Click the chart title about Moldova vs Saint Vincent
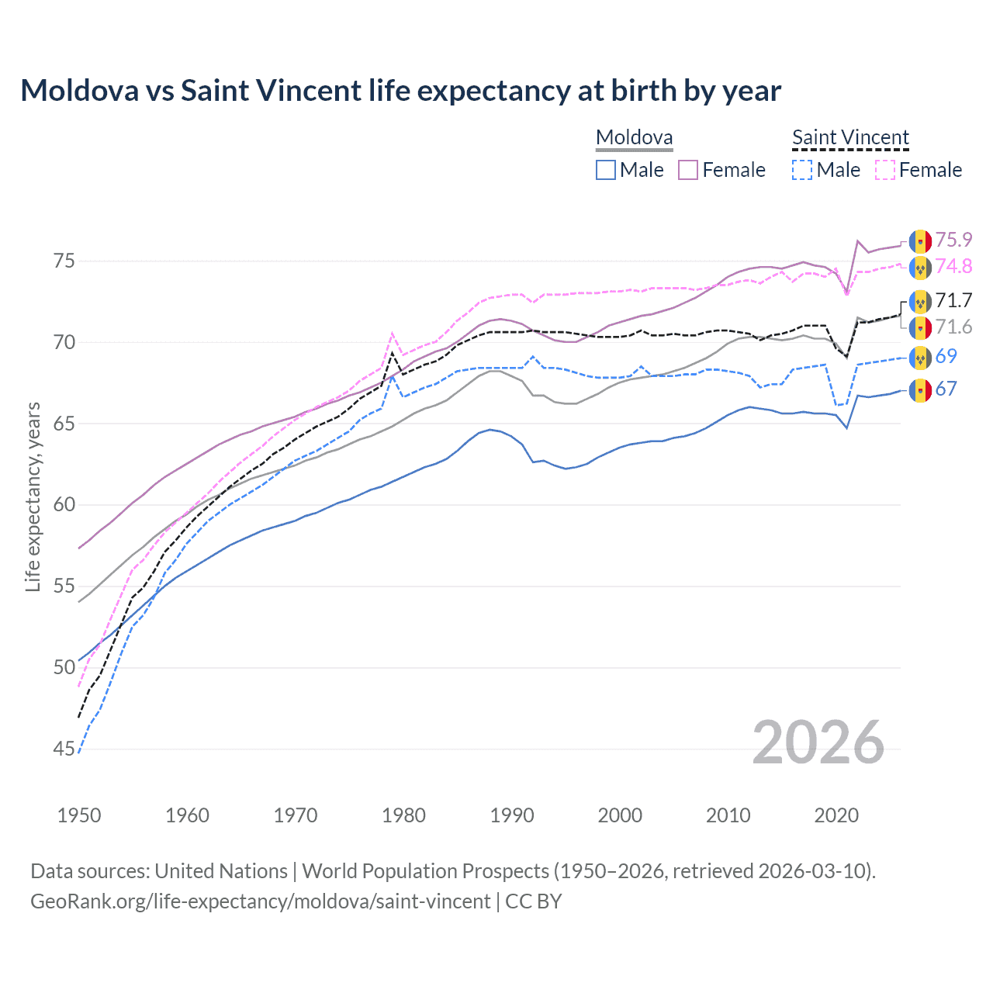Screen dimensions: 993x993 coord(400,91)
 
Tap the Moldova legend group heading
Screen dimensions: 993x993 coord(634,138)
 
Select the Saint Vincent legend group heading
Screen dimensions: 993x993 coord(850,138)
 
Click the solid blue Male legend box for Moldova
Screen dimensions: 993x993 coord(606,170)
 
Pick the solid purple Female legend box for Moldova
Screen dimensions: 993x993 coord(688,170)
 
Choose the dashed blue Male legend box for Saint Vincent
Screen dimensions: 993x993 coord(802,170)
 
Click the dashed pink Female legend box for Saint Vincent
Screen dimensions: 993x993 coord(885,170)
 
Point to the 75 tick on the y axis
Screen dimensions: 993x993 coord(64,261)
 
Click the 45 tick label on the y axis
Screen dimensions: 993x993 coord(64,749)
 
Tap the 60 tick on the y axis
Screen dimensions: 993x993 coord(64,505)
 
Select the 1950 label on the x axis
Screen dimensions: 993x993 coord(79,815)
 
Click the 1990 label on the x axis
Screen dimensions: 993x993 coord(512,815)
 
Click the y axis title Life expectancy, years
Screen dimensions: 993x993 coord(33,497)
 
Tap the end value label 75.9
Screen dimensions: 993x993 coord(953,240)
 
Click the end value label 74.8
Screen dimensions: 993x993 coord(953,266)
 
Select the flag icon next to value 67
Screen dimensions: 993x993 coord(920,390)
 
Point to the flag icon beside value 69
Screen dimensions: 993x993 coord(920,358)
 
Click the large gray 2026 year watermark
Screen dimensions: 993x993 coord(818,742)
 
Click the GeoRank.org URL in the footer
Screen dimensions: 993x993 coord(260,901)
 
